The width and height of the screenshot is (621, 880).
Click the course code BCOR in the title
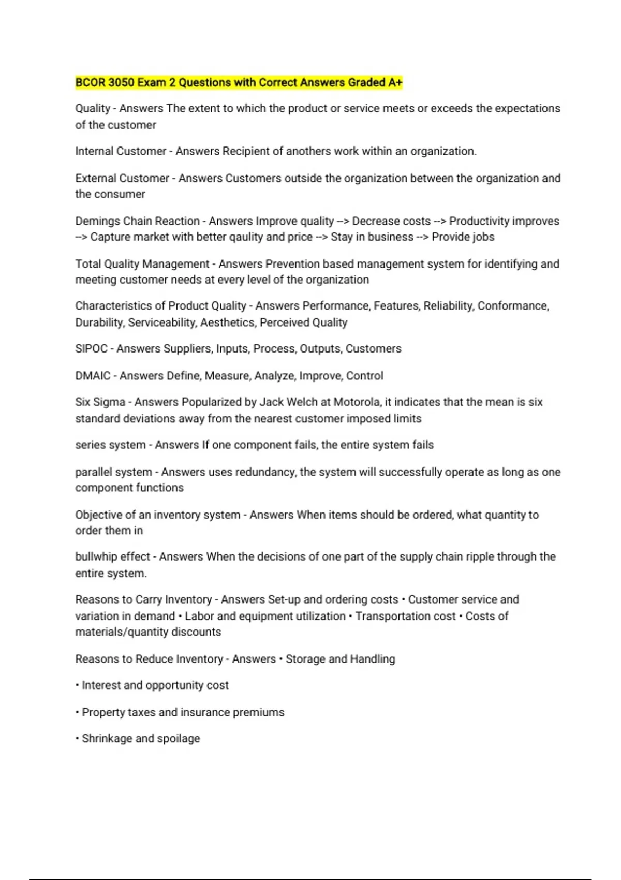tap(91, 82)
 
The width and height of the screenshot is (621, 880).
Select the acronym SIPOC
tap(91, 349)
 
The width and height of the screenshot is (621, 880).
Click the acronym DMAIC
tap(93, 376)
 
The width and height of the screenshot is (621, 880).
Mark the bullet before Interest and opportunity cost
tap(77, 685)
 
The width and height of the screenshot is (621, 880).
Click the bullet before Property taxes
tap(77, 713)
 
